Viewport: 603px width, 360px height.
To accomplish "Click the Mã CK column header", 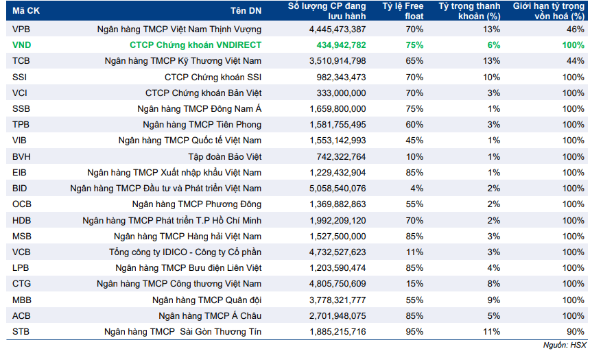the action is pos(26,11).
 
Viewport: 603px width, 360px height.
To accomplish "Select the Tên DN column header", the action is pos(246,11).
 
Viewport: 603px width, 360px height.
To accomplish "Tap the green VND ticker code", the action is pos(21,45).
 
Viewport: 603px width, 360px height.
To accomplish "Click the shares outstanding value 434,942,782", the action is pos(341,45).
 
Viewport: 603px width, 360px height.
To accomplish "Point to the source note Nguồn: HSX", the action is pos(565,345).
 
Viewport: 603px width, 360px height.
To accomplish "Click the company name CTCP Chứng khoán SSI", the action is pos(213,77).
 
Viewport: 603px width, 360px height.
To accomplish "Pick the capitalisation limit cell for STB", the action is pos(576,332).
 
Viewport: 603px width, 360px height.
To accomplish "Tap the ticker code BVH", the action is pos(21,157).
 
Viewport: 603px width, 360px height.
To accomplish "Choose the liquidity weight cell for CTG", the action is pos(494,284).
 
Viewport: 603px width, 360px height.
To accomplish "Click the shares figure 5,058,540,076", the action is pos(338,189).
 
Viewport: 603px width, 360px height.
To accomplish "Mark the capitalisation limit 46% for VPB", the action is pos(576,29).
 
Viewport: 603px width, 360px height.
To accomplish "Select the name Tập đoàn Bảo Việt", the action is pos(225,157).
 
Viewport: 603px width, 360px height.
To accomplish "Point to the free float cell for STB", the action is pos(414,332).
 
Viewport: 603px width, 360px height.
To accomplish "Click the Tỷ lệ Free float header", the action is pos(403,11).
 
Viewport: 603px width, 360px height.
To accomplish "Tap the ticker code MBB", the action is pos(21,300).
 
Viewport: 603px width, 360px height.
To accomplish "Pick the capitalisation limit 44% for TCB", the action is pos(576,61).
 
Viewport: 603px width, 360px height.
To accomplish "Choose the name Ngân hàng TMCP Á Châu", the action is pos(210,316).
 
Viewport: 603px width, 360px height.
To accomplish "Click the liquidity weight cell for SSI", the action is pos(491,77).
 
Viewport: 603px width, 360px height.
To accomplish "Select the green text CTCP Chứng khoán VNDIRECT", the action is pos(196,45).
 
